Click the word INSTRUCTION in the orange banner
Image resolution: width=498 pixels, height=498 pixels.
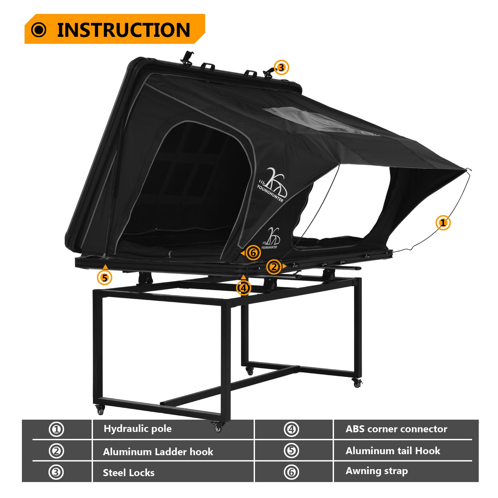click(x=124, y=30)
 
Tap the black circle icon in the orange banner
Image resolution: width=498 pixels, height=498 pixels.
click(x=39, y=30)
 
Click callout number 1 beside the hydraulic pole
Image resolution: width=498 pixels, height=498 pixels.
click(x=443, y=223)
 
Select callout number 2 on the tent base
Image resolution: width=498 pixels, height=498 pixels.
click(x=274, y=267)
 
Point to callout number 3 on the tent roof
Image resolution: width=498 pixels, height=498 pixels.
click(x=281, y=68)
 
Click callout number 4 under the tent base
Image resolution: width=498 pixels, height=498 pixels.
click(x=244, y=288)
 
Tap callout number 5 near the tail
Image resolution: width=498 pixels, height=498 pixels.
click(x=105, y=277)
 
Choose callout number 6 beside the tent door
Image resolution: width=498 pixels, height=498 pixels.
click(x=253, y=253)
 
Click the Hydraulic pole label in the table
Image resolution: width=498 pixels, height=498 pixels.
click(x=137, y=429)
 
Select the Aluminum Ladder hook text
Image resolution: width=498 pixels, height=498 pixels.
click(x=158, y=452)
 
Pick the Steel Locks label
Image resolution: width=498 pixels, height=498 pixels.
click(x=128, y=472)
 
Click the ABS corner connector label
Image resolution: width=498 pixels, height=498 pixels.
click(x=396, y=429)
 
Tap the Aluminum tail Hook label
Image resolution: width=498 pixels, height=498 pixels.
click(x=393, y=451)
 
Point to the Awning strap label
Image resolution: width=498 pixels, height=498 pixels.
click(x=376, y=471)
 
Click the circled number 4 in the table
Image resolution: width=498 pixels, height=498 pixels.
click(x=291, y=429)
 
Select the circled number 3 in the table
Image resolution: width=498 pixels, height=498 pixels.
click(x=56, y=472)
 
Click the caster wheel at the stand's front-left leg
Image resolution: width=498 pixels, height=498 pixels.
click(x=100, y=410)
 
